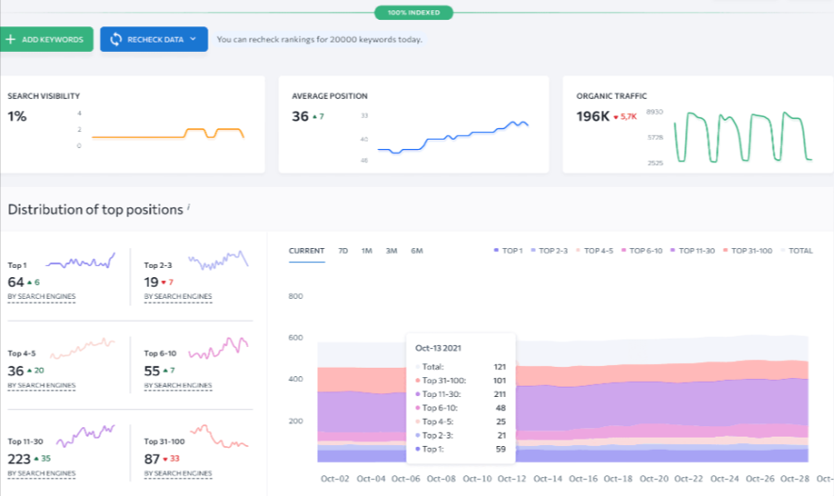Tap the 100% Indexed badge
pos(413,13)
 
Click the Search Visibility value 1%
pos(17,116)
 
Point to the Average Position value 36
pos(300,116)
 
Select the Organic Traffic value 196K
pos(592,116)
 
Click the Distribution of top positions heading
pos(94,209)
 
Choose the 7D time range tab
pos(343,251)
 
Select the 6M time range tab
pos(417,251)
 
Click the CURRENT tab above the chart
pos(307,251)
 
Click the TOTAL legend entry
pos(800,251)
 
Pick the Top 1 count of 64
pos(16,282)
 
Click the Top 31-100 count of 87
pos(153,458)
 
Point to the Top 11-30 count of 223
pos(19,458)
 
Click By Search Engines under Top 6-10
pos(178,385)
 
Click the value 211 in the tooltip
pos(499,393)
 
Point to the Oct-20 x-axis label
pos(655,479)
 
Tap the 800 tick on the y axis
pos(295,296)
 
